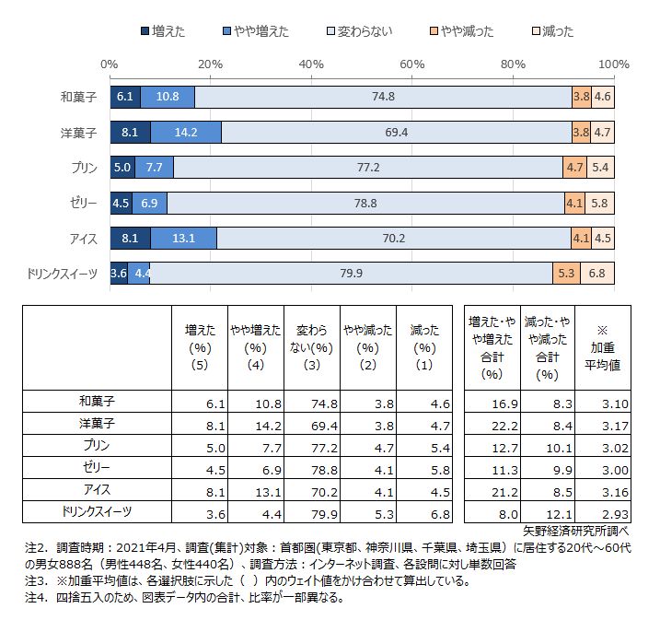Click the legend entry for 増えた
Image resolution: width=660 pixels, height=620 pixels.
click(163, 31)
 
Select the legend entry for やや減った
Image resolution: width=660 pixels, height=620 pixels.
click(461, 31)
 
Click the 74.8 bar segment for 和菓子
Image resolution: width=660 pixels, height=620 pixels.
click(383, 97)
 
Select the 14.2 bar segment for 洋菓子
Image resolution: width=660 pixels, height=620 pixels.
click(185, 133)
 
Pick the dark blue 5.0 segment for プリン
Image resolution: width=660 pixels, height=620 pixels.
click(122, 168)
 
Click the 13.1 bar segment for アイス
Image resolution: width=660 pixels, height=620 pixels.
click(183, 238)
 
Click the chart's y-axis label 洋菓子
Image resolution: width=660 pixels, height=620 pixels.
click(78, 133)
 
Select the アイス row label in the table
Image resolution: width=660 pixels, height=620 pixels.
click(97, 490)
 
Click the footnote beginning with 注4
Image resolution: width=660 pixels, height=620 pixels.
click(184, 598)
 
